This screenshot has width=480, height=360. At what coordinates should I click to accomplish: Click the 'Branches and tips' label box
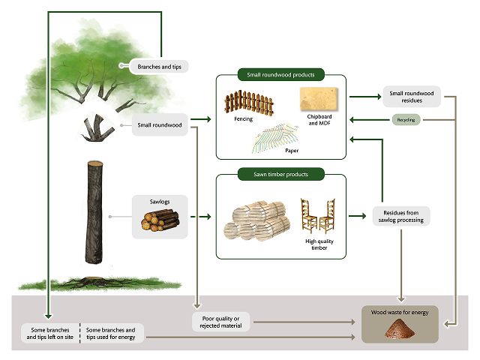[x=159, y=67]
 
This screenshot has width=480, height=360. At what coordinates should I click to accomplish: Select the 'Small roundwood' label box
[x=160, y=125]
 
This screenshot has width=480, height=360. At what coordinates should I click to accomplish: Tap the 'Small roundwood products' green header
[x=280, y=75]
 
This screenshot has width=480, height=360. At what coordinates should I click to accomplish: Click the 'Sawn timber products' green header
[x=280, y=174]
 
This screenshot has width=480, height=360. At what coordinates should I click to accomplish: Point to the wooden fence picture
[x=249, y=103]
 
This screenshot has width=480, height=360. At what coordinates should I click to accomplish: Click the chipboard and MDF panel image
[x=319, y=99]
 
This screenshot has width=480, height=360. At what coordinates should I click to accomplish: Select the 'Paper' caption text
[x=292, y=151]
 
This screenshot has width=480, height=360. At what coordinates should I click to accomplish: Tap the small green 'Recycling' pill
[x=406, y=120]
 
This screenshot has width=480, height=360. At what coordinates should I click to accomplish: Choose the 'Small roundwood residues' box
[x=412, y=97]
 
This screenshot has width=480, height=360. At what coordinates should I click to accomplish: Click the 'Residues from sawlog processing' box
[x=401, y=216]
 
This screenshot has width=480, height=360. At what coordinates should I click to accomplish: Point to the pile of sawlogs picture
[x=160, y=220]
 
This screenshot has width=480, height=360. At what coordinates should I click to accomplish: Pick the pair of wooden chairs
[x=318, y=216]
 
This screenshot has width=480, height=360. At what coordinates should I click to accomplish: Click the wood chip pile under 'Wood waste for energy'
[x=400, y=329]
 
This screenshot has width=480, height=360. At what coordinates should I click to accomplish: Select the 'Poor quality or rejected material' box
[x=220, y=322]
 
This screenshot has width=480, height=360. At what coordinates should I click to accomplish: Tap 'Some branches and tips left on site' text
[x=50, y=333]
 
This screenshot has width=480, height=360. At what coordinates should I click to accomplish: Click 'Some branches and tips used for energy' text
[x=110, y=333]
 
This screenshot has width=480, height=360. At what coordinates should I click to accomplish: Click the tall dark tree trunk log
[x=94, y=212]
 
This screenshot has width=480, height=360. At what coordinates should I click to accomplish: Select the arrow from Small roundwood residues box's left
[x=365, y=97]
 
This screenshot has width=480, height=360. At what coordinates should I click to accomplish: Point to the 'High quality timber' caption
[x=319, y=244]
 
